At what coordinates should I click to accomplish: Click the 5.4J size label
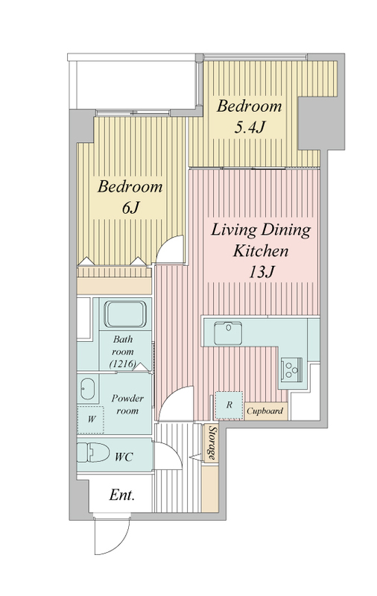[x=249, y=127]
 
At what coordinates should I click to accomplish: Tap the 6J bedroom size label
[x=130, y=208]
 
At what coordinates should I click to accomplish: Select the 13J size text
[x=261, y=271]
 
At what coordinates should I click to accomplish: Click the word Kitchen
[x=261, y=251]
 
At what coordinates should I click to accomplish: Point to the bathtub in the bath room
[x=125, y=314]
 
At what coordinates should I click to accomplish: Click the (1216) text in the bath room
[x=122, y=364]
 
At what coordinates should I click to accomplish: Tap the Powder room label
[x=127, y=405]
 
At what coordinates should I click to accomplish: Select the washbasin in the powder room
[x=88, y=389]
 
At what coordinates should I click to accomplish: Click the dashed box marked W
[x=90, y=419]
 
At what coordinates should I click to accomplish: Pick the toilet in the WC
[x=92, y=452]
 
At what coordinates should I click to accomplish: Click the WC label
[x=124, y=457]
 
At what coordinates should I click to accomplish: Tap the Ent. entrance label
[x=121, y=495]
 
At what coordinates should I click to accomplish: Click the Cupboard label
[x=265, y=411]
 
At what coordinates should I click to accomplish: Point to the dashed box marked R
[x=229, y=405]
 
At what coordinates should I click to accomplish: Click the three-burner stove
[x=292, y=369]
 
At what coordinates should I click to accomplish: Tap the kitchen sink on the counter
[x=228, y=333]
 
